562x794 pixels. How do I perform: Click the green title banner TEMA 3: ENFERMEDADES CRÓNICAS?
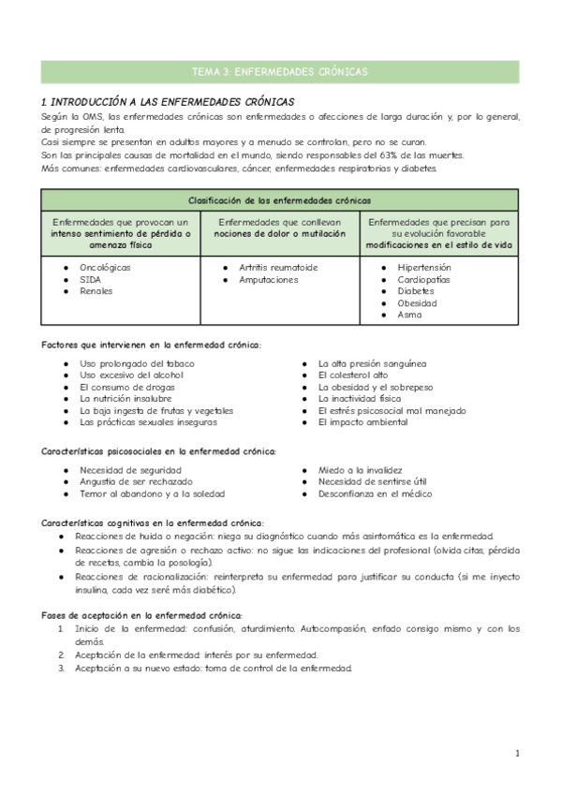click(x=280, y=72)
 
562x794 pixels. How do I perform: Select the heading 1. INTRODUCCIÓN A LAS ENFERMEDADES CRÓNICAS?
click(x=169, y=101)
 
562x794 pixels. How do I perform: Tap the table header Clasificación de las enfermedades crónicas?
click(x=280, y=200)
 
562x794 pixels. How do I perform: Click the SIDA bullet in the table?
click(x=91, y=279)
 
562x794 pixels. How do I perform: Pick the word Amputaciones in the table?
click(x=268, y=279)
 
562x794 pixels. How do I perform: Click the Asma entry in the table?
click(x=409, y=315)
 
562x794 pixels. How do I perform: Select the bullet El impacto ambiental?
click(x=362, y=422)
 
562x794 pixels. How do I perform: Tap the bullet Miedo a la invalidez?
click(x=360, y=470)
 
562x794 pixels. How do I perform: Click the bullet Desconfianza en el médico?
click(x=375, y=493)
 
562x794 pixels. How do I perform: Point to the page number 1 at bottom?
click(x=516, y=753)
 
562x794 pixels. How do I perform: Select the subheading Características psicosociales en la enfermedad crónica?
click(x=159, y=451)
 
